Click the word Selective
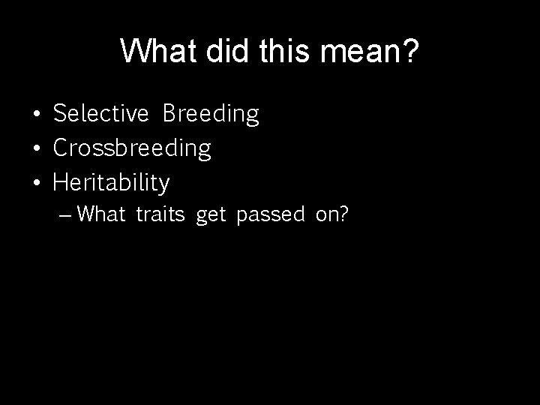101,114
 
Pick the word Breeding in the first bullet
211,114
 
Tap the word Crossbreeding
132,148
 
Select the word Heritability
112,182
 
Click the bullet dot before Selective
37,115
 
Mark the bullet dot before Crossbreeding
37,149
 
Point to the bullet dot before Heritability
37,183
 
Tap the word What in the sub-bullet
101,215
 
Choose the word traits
160,215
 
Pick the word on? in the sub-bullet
332,215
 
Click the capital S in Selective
59,114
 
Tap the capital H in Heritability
60,182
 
